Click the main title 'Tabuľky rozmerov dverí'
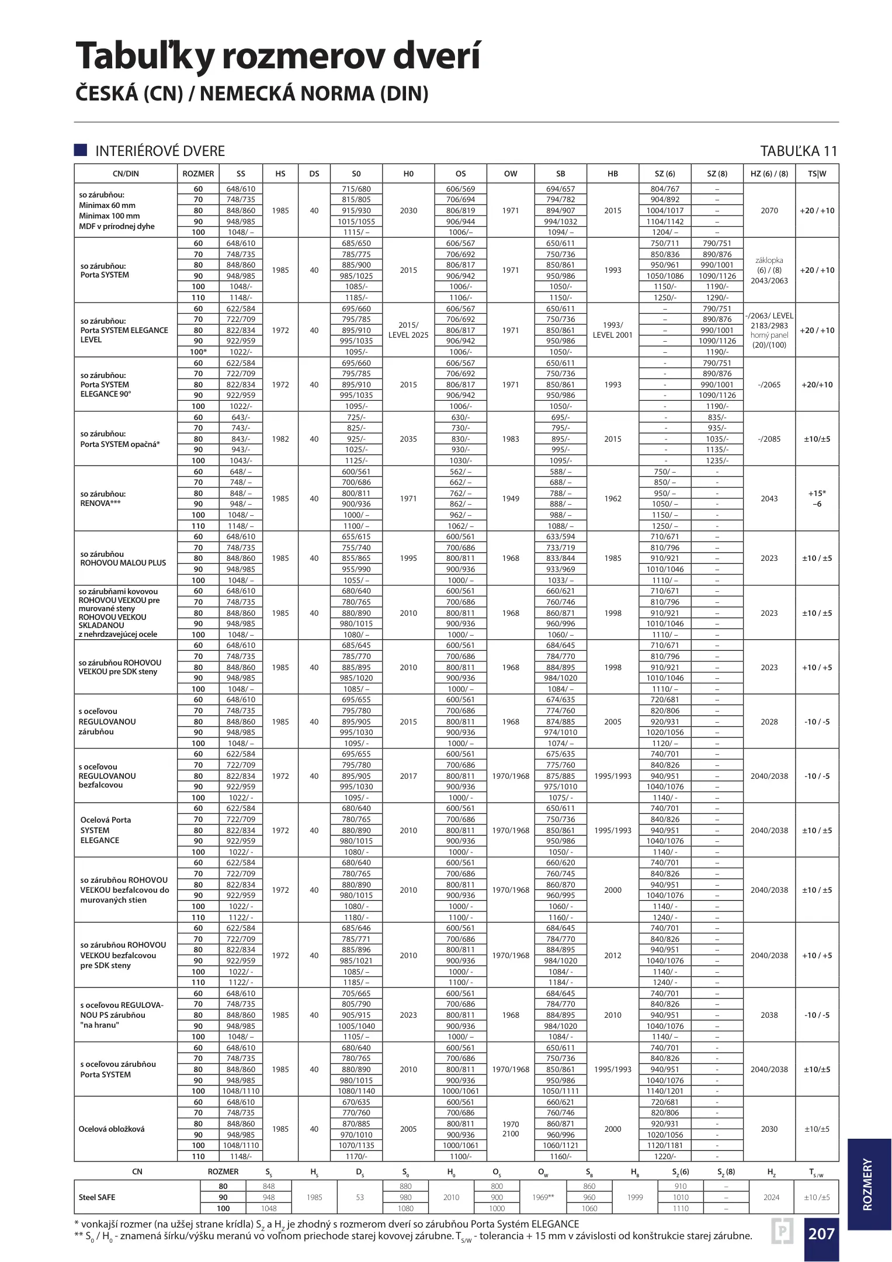(x=278, y=56)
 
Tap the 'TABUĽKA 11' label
(x=799, y=151)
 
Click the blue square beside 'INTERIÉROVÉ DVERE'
(x=81, y=150)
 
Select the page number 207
(x=821, y=1233)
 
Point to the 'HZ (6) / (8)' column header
(x=769, y=174)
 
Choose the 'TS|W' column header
(x=817, y=174)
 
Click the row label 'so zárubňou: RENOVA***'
(x=103, y=498)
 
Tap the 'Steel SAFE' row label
(x=97, y=1197)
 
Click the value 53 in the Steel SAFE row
(x=360, y=1197)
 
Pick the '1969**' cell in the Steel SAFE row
(x=543, y=1197)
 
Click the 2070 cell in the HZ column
(x=769, y=210)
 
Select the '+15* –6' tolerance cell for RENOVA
(x=817, y=498)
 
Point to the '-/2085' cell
(x=769, y=439)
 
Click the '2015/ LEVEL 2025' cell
(x=408, y=330)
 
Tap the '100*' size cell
(x=199, y=352)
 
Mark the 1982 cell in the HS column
(x=280, y=439)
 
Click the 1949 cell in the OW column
(x=511, y=498)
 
